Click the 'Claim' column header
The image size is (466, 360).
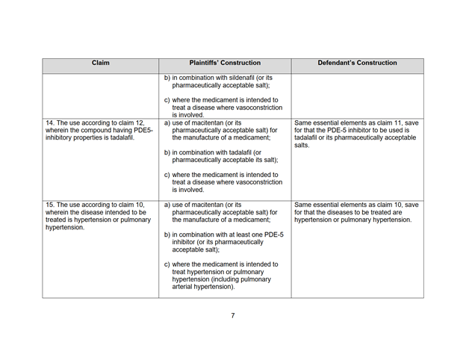pyautogui.click(x=100, y=63)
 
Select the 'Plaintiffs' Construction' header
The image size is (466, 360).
pyautogui.click(x=225, y=63)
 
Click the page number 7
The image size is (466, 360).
pyautogui.click(x=233, y=315)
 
